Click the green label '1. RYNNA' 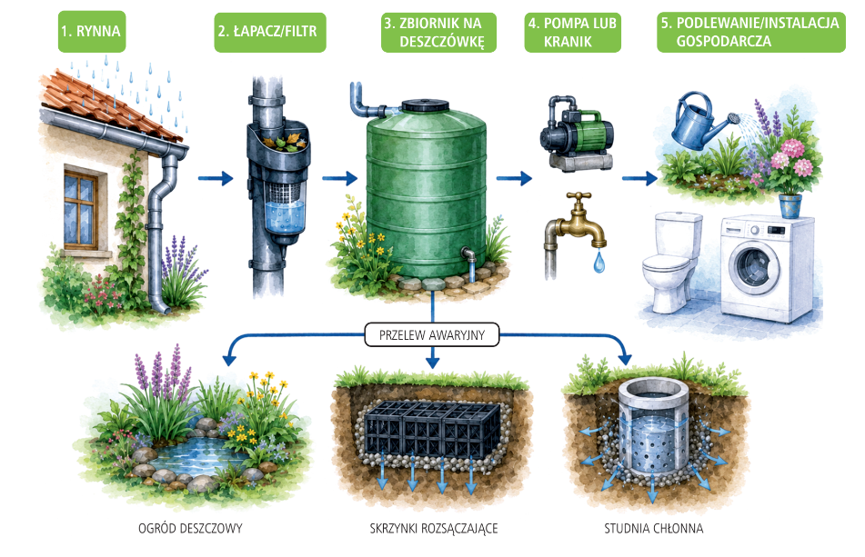(92, 32)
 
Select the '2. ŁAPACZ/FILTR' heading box (270, 33)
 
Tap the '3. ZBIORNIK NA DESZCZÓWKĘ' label (438, 33)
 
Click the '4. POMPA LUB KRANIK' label (573, 33)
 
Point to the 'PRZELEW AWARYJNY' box (432, 335)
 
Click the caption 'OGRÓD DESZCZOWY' (190, 528)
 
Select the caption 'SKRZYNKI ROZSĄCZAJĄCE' (434, 528)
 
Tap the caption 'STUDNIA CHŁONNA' (654, 528)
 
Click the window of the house (81, 209)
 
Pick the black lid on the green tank (426, 105)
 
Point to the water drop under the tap (599, 262)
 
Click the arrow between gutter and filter (216, 178)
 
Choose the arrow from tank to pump (514, 178)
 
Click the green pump (577, 133)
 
